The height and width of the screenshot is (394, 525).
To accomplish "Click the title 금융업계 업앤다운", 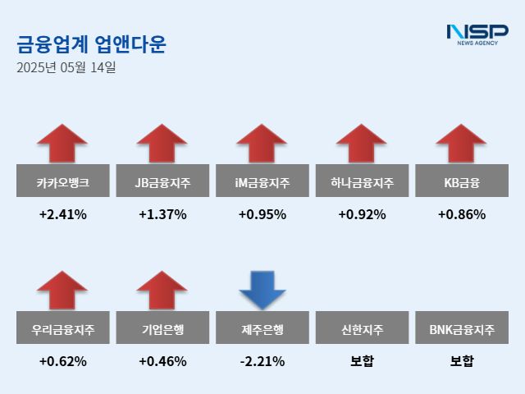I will (x=91, y=44).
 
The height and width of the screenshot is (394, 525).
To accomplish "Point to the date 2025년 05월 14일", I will (x=66, y=67).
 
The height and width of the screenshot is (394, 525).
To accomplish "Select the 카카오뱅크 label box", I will (x=62, y=181).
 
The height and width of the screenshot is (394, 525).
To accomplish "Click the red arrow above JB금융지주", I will (x=162, y=144).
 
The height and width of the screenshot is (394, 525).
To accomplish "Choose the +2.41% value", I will (x=62, y=215).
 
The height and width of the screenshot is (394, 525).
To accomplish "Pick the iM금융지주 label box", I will (x=262, y=181).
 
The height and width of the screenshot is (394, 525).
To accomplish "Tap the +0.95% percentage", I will (x=262, y=215).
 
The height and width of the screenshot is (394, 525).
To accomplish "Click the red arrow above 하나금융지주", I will (x=362, y=144).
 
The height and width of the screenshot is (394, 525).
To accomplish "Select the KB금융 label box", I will (x=461, y=181).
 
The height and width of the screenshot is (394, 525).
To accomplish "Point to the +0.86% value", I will (x=461, y=215).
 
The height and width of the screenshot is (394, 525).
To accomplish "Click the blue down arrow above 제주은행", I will (x=262, y=290).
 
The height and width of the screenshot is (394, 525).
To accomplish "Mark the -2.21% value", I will (x=262, y=361).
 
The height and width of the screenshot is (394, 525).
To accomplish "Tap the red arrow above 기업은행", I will (x=162, y=291).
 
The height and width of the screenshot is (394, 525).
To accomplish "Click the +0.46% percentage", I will (x=162, y=361).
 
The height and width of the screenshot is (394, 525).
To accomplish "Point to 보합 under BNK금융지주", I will (x=461, y=361).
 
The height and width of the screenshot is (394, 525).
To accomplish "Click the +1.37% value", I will (x=162, y=215).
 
